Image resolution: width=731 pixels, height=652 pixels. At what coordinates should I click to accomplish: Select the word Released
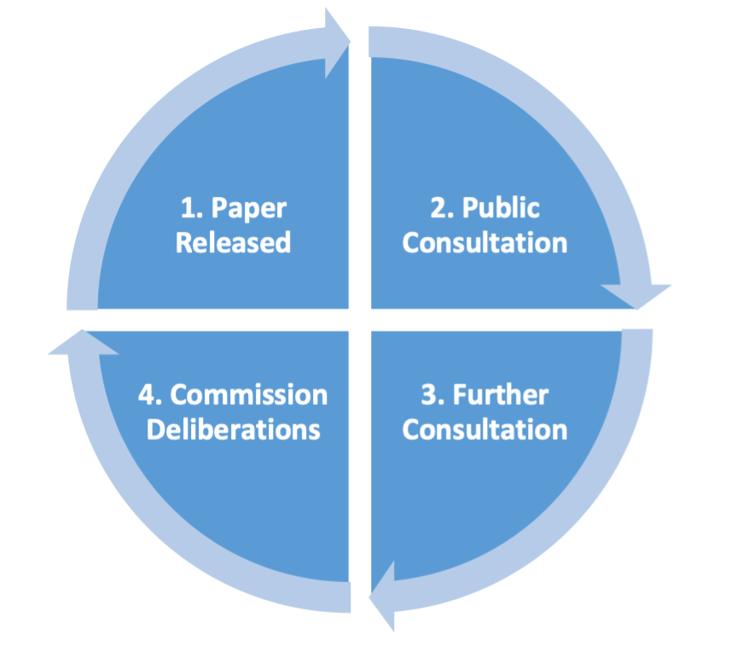point(233,242)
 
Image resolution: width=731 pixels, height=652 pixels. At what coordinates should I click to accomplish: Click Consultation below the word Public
point(484,242)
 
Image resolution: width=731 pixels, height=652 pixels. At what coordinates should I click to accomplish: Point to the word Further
point(501,395)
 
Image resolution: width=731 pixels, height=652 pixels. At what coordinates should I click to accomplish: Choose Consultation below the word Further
point(484,429)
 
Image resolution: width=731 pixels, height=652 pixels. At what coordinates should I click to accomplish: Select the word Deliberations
point(233,429)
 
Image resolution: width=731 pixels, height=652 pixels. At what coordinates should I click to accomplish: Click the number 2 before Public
point(436,208)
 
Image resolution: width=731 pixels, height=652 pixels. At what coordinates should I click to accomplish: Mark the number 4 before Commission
point(146,395)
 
